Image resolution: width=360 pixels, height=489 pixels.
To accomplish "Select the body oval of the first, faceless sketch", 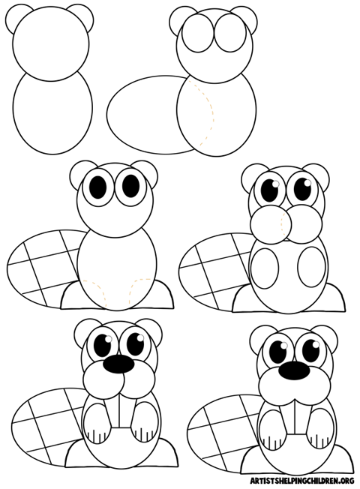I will (x=53, y=112).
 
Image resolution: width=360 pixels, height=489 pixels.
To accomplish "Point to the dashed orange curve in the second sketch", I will (x=208, y=112).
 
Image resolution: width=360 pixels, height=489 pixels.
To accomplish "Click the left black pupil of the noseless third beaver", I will (x=99, y=184).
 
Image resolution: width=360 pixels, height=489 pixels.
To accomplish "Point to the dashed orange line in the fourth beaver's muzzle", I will (x=286, y=223).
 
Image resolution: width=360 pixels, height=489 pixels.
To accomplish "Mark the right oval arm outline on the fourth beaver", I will (x=309, y=267).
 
